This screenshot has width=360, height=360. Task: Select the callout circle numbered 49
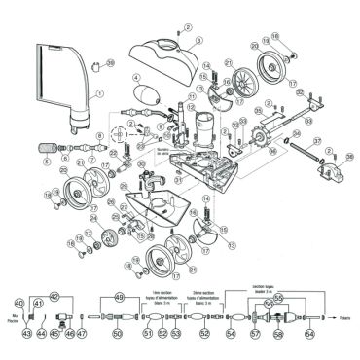pyautogui.click(x=120, y=297)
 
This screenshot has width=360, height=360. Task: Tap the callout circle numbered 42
pyautogui.click(x=54, y=297)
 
